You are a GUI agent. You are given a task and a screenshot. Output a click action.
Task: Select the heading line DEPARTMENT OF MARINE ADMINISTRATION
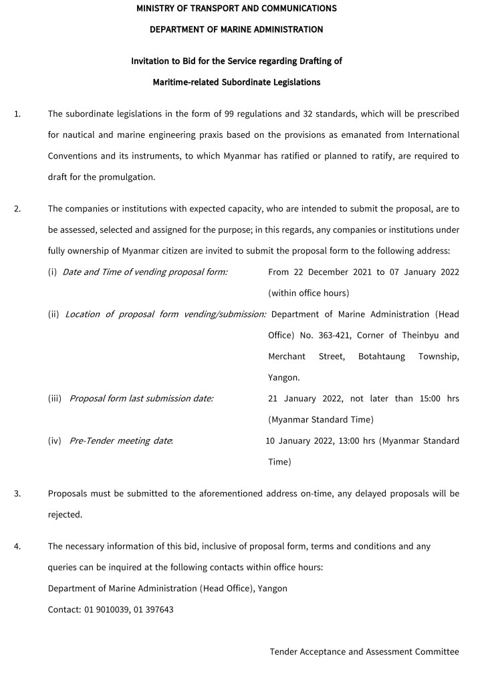pyautogui.click(x=236, y=29)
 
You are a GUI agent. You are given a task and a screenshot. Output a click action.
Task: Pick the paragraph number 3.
pyautogui.click(x=17, y=494)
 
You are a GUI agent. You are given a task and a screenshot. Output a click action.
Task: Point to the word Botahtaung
pyautogui.click(x=382, y=356)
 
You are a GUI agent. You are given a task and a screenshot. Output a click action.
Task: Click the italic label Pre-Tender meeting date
pyautogui.click(x=121, y=441)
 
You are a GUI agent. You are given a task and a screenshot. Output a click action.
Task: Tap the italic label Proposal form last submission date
pyautogui.click(x=142, y=398)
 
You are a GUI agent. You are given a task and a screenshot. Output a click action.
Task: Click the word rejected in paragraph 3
pyautogui.click(x=65, y=515)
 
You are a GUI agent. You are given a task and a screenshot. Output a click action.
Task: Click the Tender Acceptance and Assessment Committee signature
pyautogui.click(x=364, y=651)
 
